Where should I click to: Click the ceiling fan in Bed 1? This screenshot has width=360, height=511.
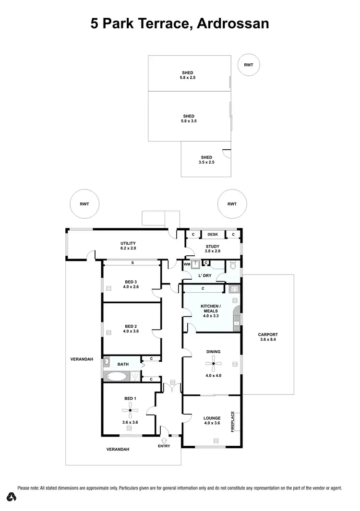(129, 409)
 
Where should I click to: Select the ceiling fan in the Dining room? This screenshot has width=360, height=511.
(214, 364)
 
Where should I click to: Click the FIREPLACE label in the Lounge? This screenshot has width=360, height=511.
(233, 422)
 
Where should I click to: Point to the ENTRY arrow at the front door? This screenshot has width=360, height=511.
(164, 440)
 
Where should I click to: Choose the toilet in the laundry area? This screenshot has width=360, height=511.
(232, 265)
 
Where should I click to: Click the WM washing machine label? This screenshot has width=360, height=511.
(187, 264)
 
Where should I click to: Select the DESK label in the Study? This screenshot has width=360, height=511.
(213, 235)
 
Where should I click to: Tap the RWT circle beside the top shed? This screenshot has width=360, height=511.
(249, 65)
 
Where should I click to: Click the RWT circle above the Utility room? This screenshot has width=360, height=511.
(84, 204)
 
